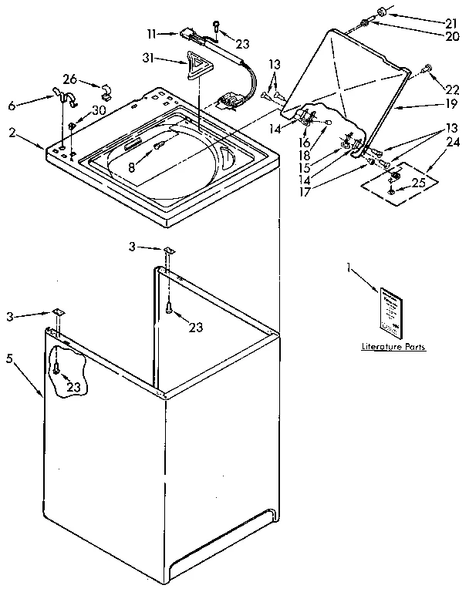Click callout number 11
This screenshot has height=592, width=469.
tap(151, 34)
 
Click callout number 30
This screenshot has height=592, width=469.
tap(99, 110)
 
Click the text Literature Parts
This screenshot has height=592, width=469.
tap(393, 348)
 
